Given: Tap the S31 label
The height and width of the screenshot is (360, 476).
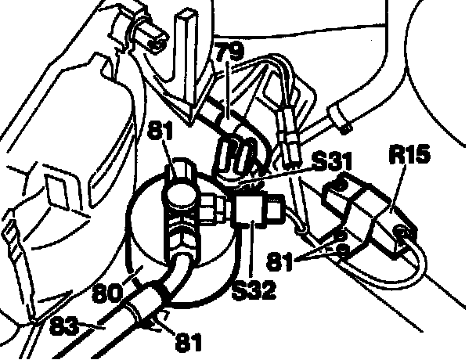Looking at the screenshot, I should click(x=330, y=163).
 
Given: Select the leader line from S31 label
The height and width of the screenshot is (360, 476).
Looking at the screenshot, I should click(x=274, y=178).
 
